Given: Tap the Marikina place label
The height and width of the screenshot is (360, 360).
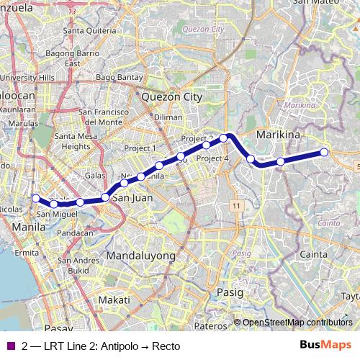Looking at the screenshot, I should click(278, 135).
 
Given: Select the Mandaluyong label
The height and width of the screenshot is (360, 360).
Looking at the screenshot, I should click(140, 256).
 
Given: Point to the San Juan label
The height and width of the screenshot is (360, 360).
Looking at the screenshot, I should click(133, 197).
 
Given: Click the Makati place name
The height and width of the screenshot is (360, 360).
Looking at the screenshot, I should click(114, 300).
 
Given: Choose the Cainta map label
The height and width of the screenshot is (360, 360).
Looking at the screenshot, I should click(313, 254).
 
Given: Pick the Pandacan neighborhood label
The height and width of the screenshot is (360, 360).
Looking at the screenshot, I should click(75, 233).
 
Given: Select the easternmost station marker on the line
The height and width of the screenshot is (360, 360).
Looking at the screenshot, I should click(324, 152).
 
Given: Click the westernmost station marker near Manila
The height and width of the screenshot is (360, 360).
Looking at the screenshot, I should click(35, 198).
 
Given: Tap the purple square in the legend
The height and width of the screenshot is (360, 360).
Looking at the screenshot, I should click(9, 346).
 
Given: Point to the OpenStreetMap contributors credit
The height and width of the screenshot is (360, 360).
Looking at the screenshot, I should click(297, 323).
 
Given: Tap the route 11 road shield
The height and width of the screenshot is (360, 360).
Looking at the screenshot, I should click(235, 206).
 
